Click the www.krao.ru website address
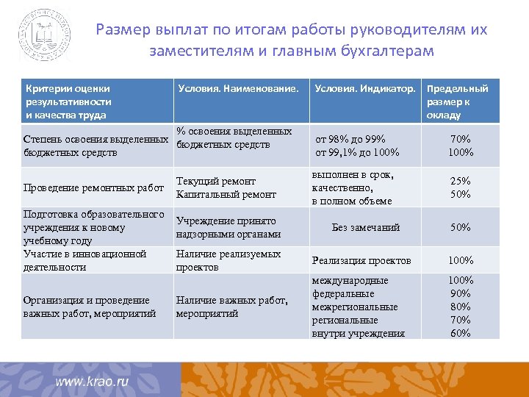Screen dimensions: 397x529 click(x=93, y=382)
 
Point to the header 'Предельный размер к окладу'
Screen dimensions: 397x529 click(x=457, y=101)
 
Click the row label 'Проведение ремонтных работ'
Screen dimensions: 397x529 click(x=93, y=187)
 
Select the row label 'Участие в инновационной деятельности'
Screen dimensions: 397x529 click(x=85, y=260)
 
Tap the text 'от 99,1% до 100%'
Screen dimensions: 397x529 click(x=357, y=152)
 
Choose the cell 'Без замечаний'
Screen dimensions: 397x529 click(x=366, y=227)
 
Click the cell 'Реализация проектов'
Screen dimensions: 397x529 click(x=361, y=260)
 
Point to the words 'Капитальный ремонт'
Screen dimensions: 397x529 click(x=226, y=194)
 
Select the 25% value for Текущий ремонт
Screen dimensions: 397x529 click(x=461, y=181)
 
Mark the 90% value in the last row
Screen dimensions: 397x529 click(x=461, y=293)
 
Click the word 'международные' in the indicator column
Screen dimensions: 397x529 click(x=350, y=280)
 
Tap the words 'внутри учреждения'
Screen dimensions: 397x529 click(x=359, y=333)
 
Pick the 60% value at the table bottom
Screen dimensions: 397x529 click(x=461, y=333)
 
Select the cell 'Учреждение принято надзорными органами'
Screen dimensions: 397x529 click(x=228, y=227)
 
